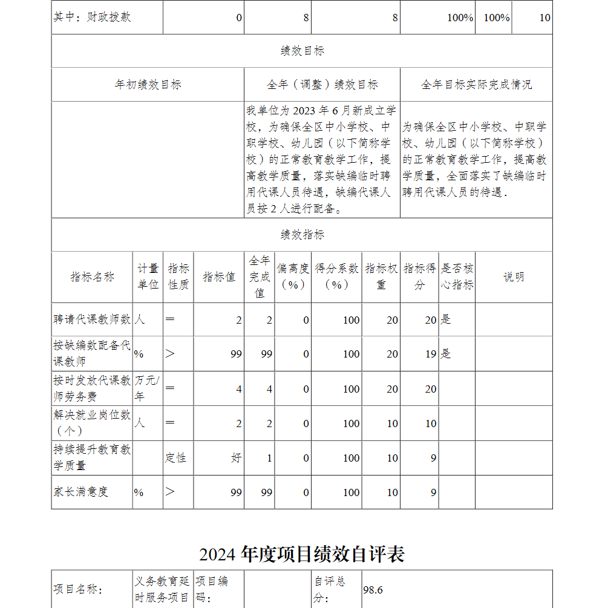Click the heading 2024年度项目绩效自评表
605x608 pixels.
pos(302,554)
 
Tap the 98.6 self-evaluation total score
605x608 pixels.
pos(373,590)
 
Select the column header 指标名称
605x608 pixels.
pos(92,277)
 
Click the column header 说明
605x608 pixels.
pos(514,277)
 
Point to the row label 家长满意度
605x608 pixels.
pos(80,492)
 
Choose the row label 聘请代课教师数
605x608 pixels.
pos(91,319)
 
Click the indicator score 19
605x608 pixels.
pos(430,354)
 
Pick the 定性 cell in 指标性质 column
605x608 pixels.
pos(175,458)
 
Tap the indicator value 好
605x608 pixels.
pos(236,458)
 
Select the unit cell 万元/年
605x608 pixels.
pos(148,388)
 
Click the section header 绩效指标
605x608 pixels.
pos(302,235)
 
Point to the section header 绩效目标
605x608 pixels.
pos(302,51)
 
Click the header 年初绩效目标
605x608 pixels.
pos(148,85)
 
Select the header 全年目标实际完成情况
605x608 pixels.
pos(476,85)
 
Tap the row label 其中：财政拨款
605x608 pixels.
pos(92,18)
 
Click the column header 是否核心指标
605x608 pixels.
pos(457,277)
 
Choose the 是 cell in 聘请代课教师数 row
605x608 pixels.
pos(446,319)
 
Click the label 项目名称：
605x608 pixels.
pos(78,590)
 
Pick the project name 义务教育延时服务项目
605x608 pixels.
pos(162,589)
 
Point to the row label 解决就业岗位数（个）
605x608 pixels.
pos(91,423)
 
